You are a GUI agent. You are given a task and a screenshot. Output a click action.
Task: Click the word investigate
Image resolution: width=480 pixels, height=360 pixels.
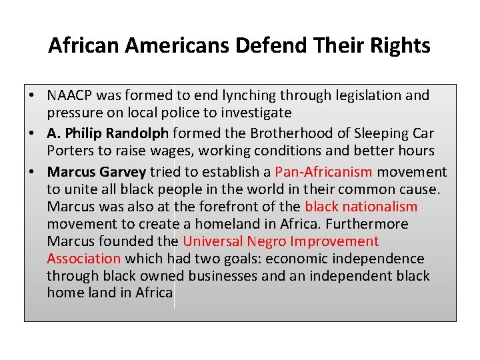click(254, 113)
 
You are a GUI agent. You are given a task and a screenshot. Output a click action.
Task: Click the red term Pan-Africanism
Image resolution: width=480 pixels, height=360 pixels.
click(323, 172)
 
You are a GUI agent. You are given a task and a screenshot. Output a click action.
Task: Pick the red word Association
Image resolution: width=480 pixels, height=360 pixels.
click(84, 259)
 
